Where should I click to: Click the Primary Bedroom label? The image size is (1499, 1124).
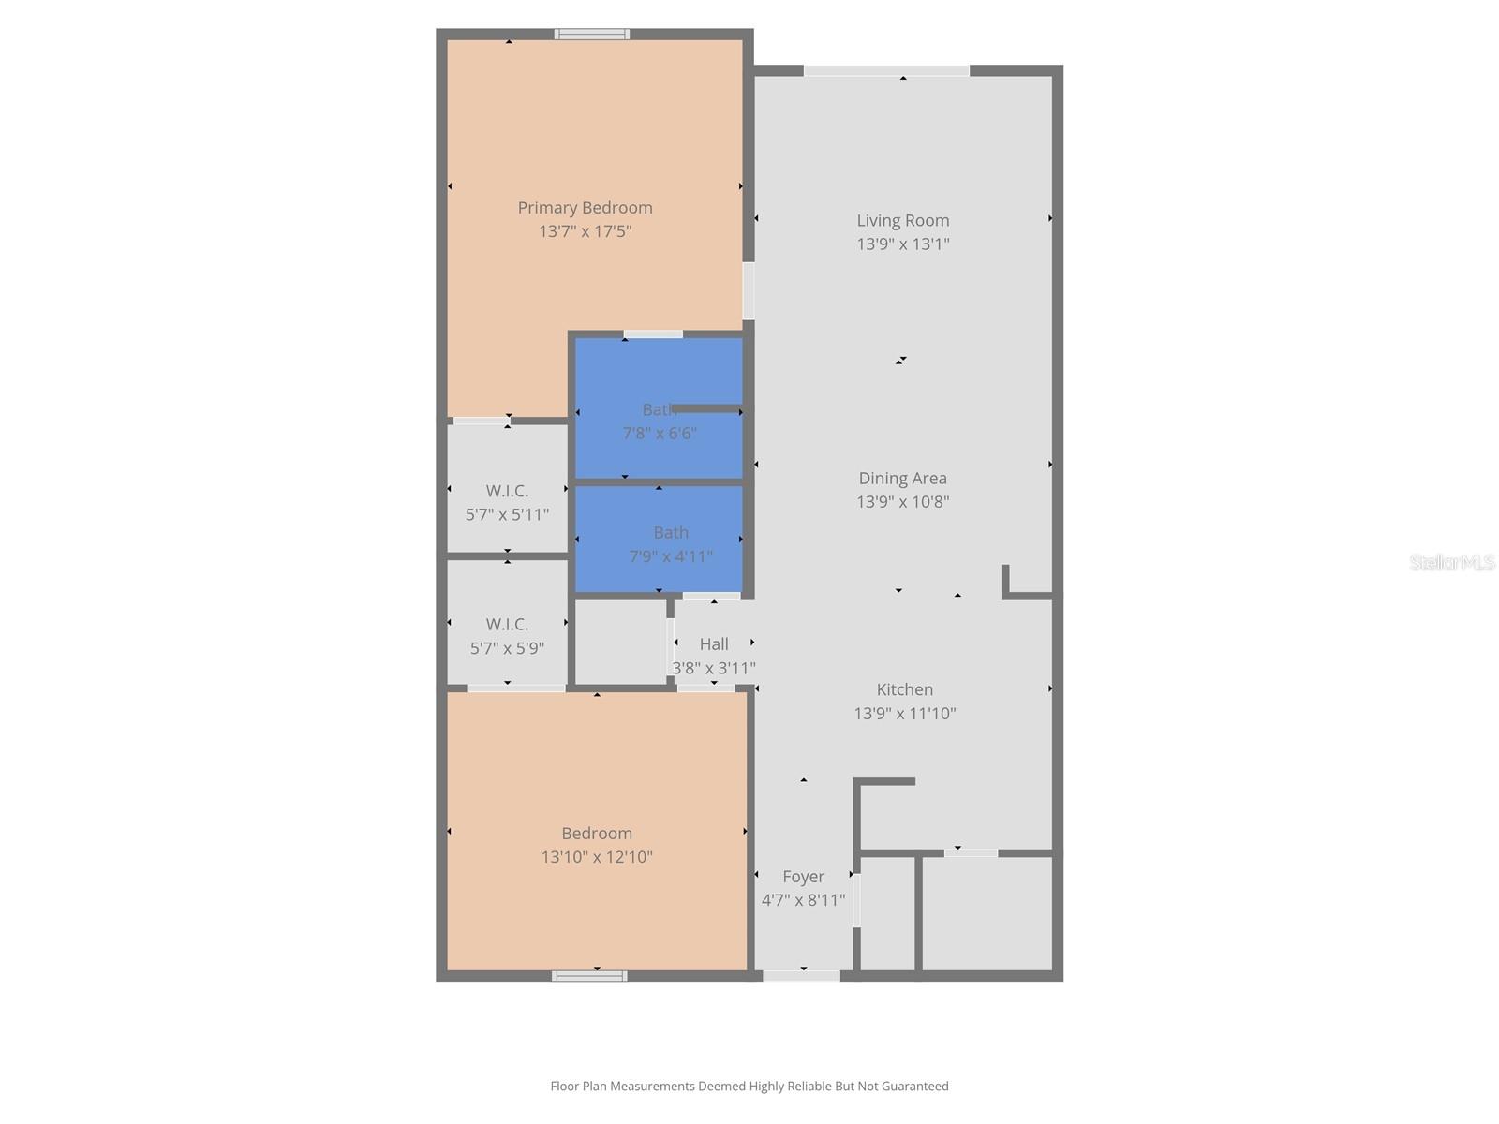585,208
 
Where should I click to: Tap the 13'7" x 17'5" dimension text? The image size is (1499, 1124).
585,231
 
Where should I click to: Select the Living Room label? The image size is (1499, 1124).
902,221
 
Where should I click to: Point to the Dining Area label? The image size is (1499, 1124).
902,479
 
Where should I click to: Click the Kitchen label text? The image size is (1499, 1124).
904,689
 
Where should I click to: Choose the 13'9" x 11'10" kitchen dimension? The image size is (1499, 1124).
904,714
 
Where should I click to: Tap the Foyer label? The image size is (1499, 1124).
803,877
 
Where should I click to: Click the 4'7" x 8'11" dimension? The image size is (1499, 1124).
803,900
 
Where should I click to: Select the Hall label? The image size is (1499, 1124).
714,644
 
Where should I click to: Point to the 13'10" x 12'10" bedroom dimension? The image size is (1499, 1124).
597,857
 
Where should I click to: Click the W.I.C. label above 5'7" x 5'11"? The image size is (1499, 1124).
507,491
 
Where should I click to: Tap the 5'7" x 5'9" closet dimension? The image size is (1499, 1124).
507,648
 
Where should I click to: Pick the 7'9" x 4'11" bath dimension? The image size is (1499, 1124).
671,556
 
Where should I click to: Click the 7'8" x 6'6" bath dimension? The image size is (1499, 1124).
660,434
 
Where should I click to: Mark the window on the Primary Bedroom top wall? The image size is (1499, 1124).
591,35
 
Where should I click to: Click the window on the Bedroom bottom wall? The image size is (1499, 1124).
589,976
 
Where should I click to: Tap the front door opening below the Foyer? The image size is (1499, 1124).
801,976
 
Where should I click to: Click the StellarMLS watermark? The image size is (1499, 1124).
1452,563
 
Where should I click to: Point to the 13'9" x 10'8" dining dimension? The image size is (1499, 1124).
902,502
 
